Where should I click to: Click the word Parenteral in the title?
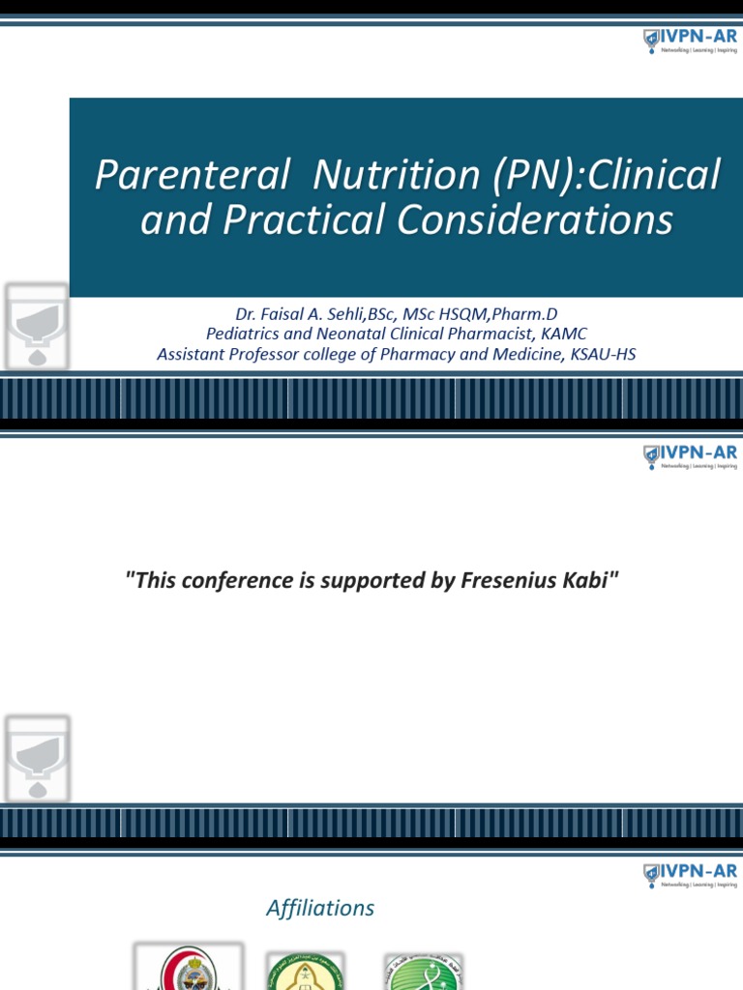[x=192, y=175]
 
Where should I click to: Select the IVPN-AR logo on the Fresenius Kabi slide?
[x=691, y=457]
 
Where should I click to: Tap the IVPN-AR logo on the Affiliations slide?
[x=691, y=876]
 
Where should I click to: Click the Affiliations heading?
[x=320, y=909]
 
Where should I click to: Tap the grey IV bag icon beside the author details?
[x=37, y=326]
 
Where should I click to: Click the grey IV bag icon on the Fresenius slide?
[x=37, y=757]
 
